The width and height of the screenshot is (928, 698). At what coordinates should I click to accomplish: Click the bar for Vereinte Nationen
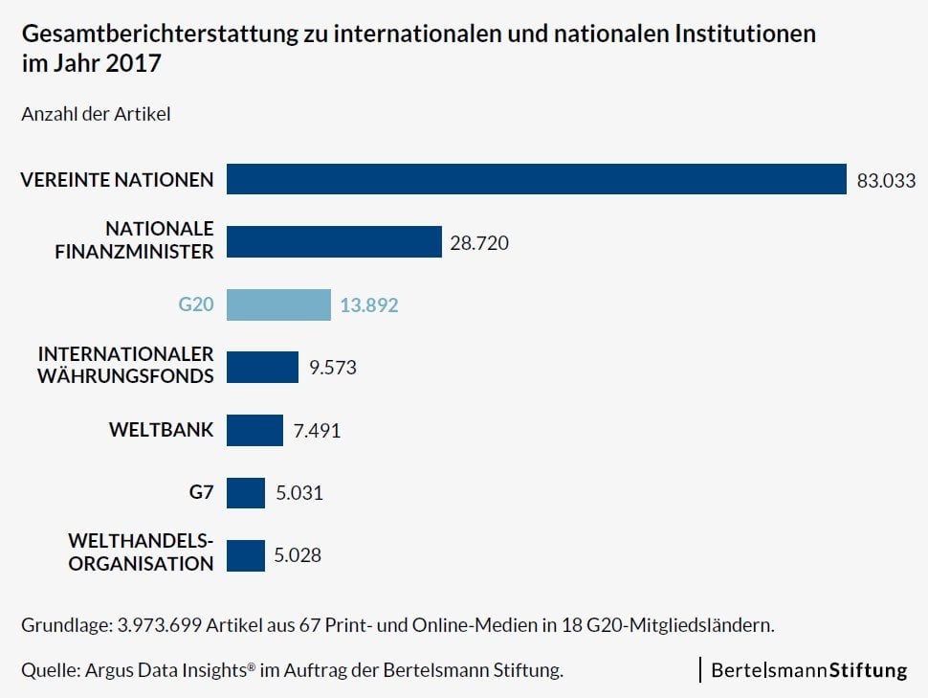[536, 179]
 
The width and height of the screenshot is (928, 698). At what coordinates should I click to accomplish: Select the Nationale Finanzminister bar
[334, 242]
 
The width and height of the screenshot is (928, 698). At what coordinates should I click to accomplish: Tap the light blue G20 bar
[278, 305]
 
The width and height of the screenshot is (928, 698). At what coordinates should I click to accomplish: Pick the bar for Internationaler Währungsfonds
[262, 367]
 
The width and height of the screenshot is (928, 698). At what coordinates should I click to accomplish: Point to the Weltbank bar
[254, 430]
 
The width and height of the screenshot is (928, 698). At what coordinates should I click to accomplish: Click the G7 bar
[246, 493]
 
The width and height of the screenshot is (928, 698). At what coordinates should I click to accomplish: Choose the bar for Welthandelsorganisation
[246, 555]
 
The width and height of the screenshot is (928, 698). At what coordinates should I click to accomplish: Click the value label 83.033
[886, 180]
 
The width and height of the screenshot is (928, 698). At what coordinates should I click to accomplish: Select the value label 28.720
[479, 243]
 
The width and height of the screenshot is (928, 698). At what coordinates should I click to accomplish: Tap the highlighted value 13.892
[369, 305]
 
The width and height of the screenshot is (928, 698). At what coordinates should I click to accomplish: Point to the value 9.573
[332, 368]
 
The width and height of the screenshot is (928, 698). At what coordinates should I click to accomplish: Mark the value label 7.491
[317, 431]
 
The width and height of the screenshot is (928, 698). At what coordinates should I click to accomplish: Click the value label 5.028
[298, 555]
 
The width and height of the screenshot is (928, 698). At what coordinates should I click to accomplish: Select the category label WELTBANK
[162, 430]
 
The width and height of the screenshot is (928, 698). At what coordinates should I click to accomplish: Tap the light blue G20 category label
[196, 305]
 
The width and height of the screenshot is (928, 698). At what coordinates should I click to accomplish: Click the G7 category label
[201, 493]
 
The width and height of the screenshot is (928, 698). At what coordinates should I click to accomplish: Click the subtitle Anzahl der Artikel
[96, 114]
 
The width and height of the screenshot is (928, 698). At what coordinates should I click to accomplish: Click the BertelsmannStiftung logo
[808, 670]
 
